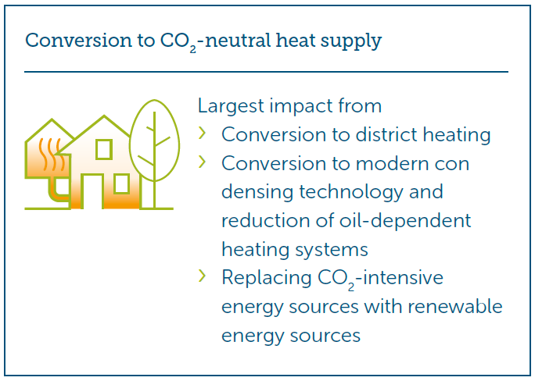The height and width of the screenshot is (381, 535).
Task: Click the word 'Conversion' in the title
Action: pyautogui.click(x=78, y=40)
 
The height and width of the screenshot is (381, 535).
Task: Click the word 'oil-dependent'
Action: pyautogui.click(x=405, y=222)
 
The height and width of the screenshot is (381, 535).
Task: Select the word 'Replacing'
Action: pyautogui.click(x=267, y=279)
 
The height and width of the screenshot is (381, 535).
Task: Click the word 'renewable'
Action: pyautogui.click(x=454, y=306)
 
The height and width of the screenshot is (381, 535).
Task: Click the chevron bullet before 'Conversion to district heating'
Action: pyautogui.click(x=202, y=134)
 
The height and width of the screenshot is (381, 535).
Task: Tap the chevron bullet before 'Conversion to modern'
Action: pyautogui.click(x=202, y=162)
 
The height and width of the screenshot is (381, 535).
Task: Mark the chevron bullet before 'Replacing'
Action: pyautogui.click(x=202, y=276)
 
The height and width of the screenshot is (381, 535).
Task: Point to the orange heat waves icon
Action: pyautogui.click(x=52, y=154)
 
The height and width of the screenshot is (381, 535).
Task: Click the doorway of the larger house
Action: pyautogui.click(x=82, y=190)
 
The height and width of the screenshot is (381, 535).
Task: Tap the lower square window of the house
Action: pyautogui.click(x=121, y=183)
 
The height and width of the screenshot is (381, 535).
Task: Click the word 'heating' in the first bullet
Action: pyautogui.click(x=457, y=136)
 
